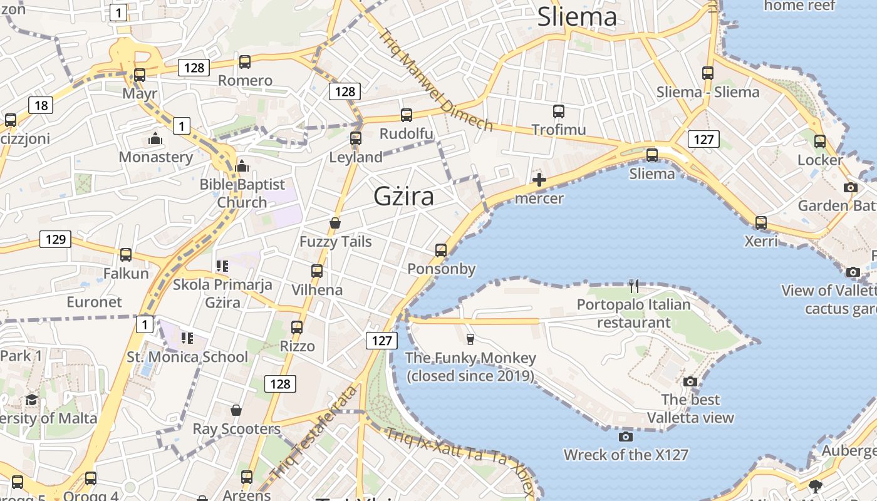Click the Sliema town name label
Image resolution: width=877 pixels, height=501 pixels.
click(x=577, y=17)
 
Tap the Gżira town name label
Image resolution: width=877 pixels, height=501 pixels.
click(x=403, y=197)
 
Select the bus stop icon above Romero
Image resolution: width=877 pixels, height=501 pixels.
click(x=245, y=62)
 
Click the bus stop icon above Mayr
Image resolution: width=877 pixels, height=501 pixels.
click(x=140, y=75)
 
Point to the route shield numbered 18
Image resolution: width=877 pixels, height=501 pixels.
click(x=41, y=105)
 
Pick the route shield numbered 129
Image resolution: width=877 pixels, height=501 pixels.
click(x=55, y=239)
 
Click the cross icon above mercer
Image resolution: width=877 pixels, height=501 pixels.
click(x=539, y=180)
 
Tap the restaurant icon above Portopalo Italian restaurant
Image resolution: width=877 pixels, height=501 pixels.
click(x=634, y=286)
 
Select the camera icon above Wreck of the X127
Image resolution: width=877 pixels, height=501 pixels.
click(x=625, y=436)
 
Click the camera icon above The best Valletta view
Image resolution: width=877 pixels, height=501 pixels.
click(x=690, y=381)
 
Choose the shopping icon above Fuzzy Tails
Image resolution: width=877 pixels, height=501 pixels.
click(x=336, y=223)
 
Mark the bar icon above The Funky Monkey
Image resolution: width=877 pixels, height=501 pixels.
click(x=470, y=339)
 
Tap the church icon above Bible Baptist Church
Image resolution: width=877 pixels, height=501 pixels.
click(x=242, y=166)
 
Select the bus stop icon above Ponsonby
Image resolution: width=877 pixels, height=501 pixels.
click(x=441, y=250)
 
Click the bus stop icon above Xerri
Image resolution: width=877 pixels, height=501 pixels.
click(x=761, y=222)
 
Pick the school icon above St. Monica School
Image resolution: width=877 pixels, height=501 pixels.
click(x=187, y=338)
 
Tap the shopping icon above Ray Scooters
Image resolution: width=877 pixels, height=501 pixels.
click(x=236, y=410)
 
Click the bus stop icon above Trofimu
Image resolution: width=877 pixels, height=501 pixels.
click(x=559, y=111)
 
